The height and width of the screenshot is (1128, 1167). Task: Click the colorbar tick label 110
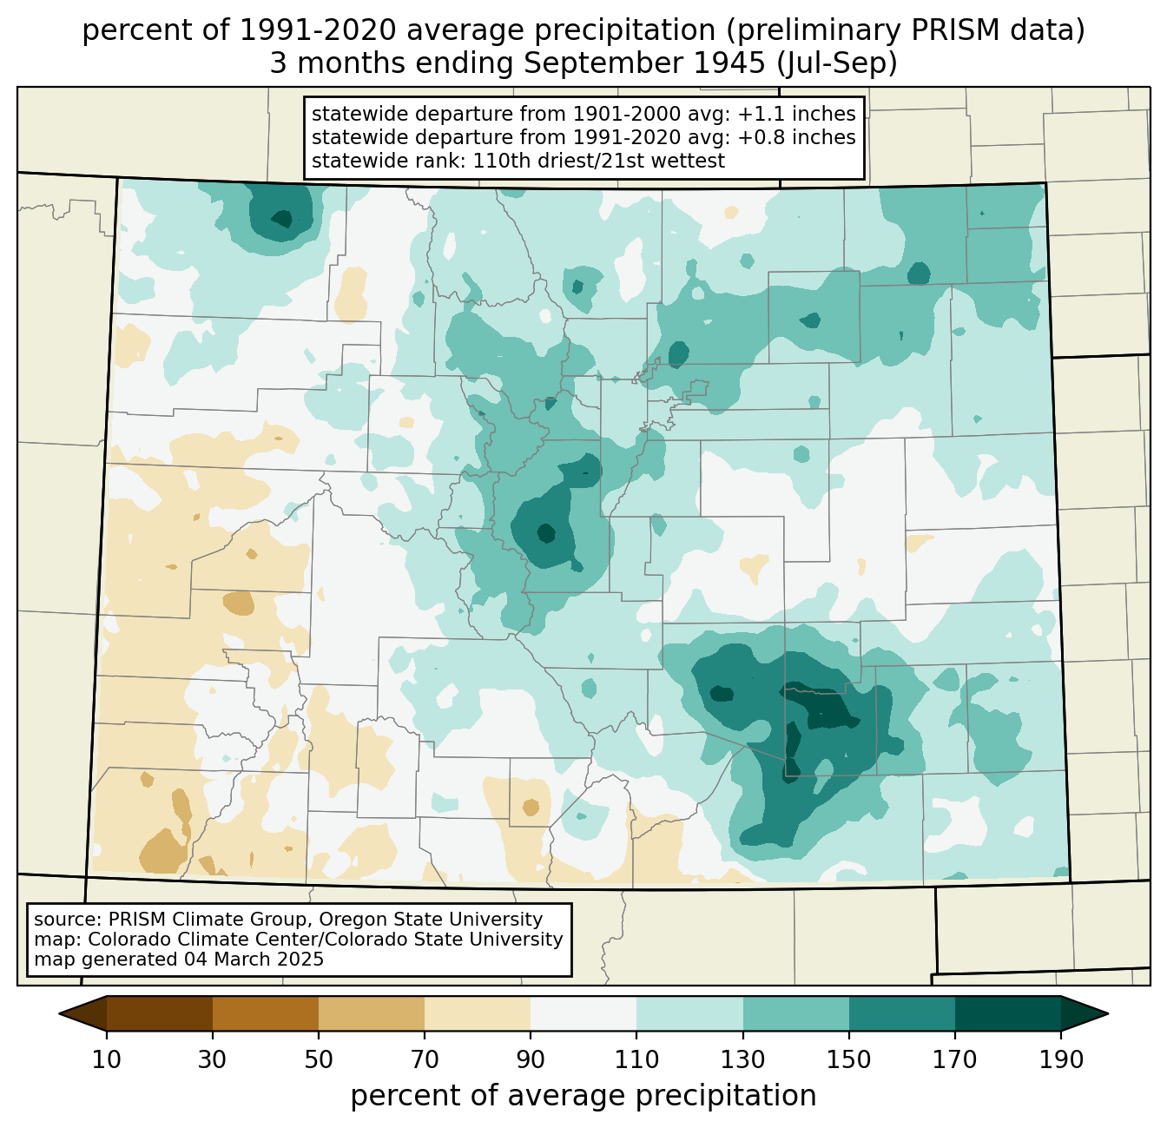636,1059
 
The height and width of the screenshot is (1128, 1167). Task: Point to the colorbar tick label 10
107,1059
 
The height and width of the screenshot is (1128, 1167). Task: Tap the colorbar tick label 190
1061,1059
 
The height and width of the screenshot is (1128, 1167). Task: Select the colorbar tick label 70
425,1059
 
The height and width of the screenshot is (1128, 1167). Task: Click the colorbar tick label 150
848,1059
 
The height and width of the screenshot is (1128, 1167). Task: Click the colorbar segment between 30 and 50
265,1013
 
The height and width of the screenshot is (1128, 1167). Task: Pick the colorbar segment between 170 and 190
1007,1013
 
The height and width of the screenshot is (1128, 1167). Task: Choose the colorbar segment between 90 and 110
583,1013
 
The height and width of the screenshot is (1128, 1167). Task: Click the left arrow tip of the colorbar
59,1013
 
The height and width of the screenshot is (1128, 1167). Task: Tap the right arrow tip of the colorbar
1108,1013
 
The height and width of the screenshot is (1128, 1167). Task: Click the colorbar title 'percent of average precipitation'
583,1096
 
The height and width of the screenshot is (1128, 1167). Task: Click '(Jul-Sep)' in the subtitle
837,63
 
